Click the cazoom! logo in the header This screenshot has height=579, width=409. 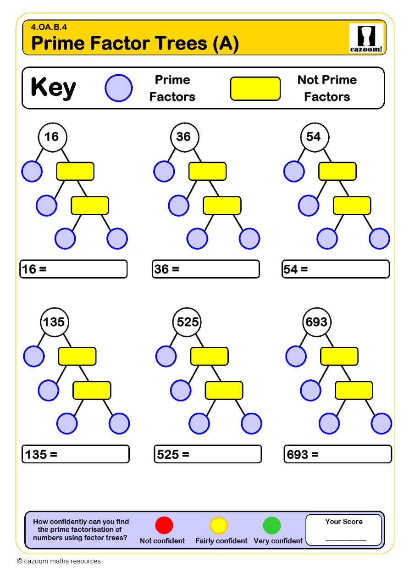tap(365, 38)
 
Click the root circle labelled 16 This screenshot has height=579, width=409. tap(52, 137)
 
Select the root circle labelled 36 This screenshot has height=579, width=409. tap(183, 137)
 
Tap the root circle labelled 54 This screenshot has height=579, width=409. tap(314, 137)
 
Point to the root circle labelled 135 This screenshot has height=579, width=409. tap(54, 322)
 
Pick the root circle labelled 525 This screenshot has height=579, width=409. tap(187, 322)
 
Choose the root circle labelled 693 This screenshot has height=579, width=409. tap(316, 322)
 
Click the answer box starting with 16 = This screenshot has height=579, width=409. tap(73, 269)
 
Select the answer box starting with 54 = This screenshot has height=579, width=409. tap(336, 269)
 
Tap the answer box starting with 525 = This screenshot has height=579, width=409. tap(208, 454)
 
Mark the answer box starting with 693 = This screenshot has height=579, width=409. tap(338, 454)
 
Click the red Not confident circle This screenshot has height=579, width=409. tap(164, 525)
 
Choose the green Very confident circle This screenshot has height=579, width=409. tap(272, 525)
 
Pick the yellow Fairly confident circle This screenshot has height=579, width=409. tap(219, 525)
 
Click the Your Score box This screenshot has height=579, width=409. tap(344, 530)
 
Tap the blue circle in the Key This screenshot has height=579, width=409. tap(119, 88)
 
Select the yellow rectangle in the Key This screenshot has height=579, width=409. tap(255, 89)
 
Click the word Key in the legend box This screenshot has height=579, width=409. tap(53, 88)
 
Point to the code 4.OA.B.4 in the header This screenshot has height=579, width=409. tap(46, 27)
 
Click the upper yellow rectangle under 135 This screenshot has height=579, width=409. tap(77, 356)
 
